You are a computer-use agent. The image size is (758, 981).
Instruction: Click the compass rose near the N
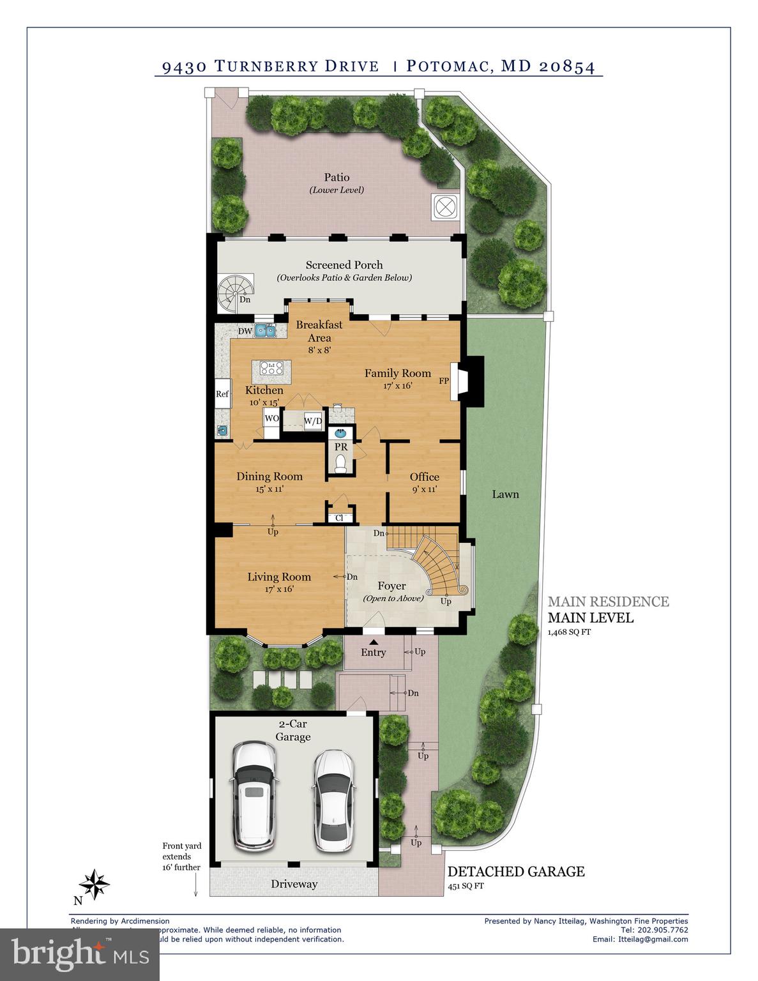95,885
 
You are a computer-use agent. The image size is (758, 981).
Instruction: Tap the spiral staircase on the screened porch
234,294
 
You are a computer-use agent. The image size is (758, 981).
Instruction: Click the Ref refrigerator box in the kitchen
222,394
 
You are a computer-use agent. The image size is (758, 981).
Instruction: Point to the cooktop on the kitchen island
272,368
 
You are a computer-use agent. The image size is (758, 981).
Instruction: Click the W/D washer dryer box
313,421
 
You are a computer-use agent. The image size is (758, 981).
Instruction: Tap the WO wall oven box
271,418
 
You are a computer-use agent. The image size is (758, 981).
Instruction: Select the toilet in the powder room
341,463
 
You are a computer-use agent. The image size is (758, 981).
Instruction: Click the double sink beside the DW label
265,330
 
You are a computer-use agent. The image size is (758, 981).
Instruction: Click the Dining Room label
269,476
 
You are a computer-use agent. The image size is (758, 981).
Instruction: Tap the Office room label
425,477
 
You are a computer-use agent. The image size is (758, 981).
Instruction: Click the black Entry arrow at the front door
373,642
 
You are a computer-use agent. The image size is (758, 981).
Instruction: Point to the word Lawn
505,494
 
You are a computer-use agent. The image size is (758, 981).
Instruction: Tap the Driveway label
294,884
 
